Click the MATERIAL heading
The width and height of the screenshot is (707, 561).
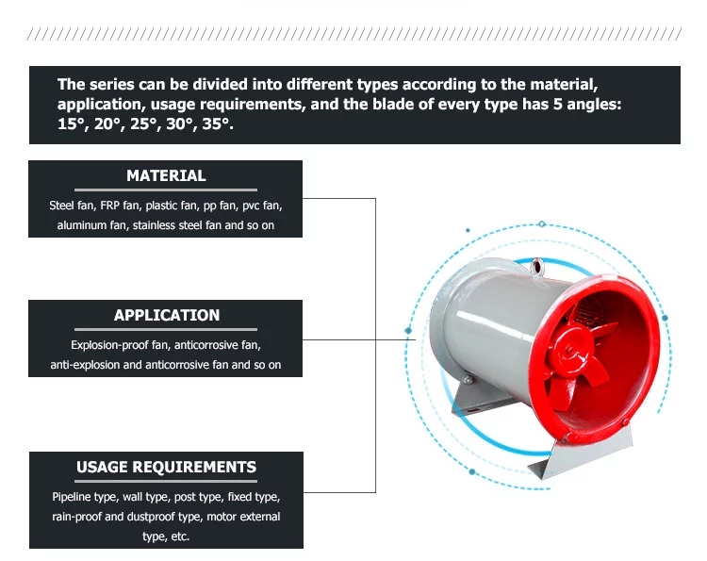(166, 175)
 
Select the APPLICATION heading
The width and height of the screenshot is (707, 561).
(166, 315)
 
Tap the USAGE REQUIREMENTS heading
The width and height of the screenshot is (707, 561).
(166, 467)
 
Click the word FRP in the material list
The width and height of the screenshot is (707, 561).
(109, 206)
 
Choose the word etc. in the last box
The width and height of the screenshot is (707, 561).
(180, 536)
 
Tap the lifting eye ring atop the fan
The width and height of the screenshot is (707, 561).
(537, 266)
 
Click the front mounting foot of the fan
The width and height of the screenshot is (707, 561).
(583, 454)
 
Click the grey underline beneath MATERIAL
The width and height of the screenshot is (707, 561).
(166, 190)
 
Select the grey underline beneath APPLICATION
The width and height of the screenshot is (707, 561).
(166, 329)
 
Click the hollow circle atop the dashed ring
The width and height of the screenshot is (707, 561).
(542, 224)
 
